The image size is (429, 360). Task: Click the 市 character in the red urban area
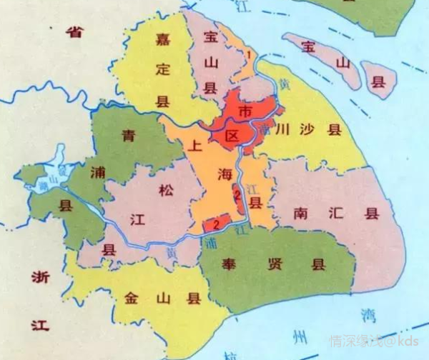[245, 112]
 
